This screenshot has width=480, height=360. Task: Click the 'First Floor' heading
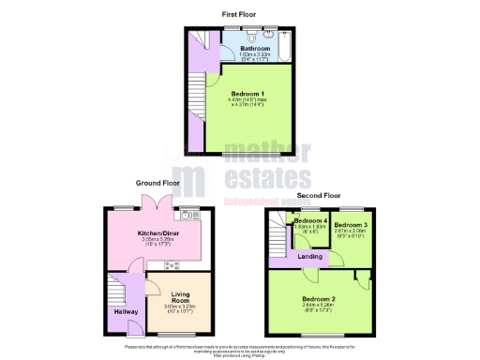241,15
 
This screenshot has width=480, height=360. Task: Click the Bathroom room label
254,48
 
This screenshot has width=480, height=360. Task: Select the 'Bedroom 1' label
248,94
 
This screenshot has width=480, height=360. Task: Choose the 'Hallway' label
126,311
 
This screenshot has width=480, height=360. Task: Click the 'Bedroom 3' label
350,226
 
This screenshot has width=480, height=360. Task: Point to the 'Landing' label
311,256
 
